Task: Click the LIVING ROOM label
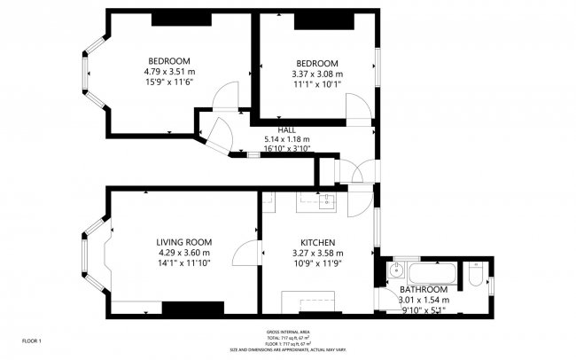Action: tap(183, 242)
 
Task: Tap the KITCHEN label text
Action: tap(316, 242)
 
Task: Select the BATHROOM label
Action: tap(424, 290)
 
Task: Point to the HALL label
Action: tap(286, 129)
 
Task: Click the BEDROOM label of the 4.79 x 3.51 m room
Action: tap(168, 60)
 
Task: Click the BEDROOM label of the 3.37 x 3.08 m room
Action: tap(316, 63)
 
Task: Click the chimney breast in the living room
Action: tap(191, 307)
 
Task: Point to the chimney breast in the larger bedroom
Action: tap(175, 18)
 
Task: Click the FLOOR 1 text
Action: tap(32, 340)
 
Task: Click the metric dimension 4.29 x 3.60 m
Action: tap(183, 253)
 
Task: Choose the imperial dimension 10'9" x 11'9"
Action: tap(316, 263)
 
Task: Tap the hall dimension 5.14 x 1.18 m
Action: tap(287, 139)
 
